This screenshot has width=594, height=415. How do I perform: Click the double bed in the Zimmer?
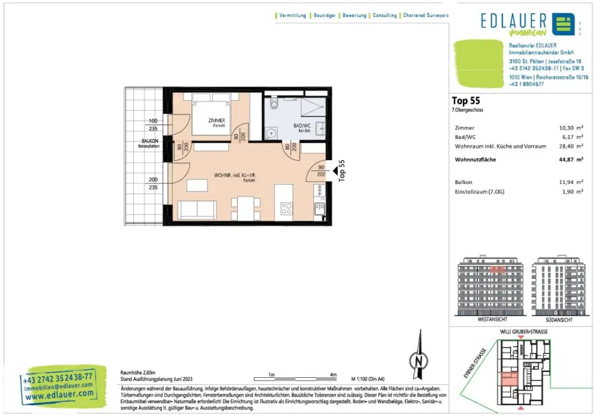[x=208, y=114]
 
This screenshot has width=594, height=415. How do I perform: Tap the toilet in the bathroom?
[x=273, y=105]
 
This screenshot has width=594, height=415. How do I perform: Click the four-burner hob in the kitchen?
[x=286, y=208]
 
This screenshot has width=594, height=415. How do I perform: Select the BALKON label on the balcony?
[x=150, y=141]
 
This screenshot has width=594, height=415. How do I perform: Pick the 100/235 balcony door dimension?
[x=153, y=125]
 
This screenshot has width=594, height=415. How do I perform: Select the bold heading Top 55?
[x=466, y=100]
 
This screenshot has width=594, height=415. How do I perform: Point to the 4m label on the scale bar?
[x=333, y=374]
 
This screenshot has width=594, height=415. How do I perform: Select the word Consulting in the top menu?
[x=385, y=16]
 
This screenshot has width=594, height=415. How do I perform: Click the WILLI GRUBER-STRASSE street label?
[x=523, y=331]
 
